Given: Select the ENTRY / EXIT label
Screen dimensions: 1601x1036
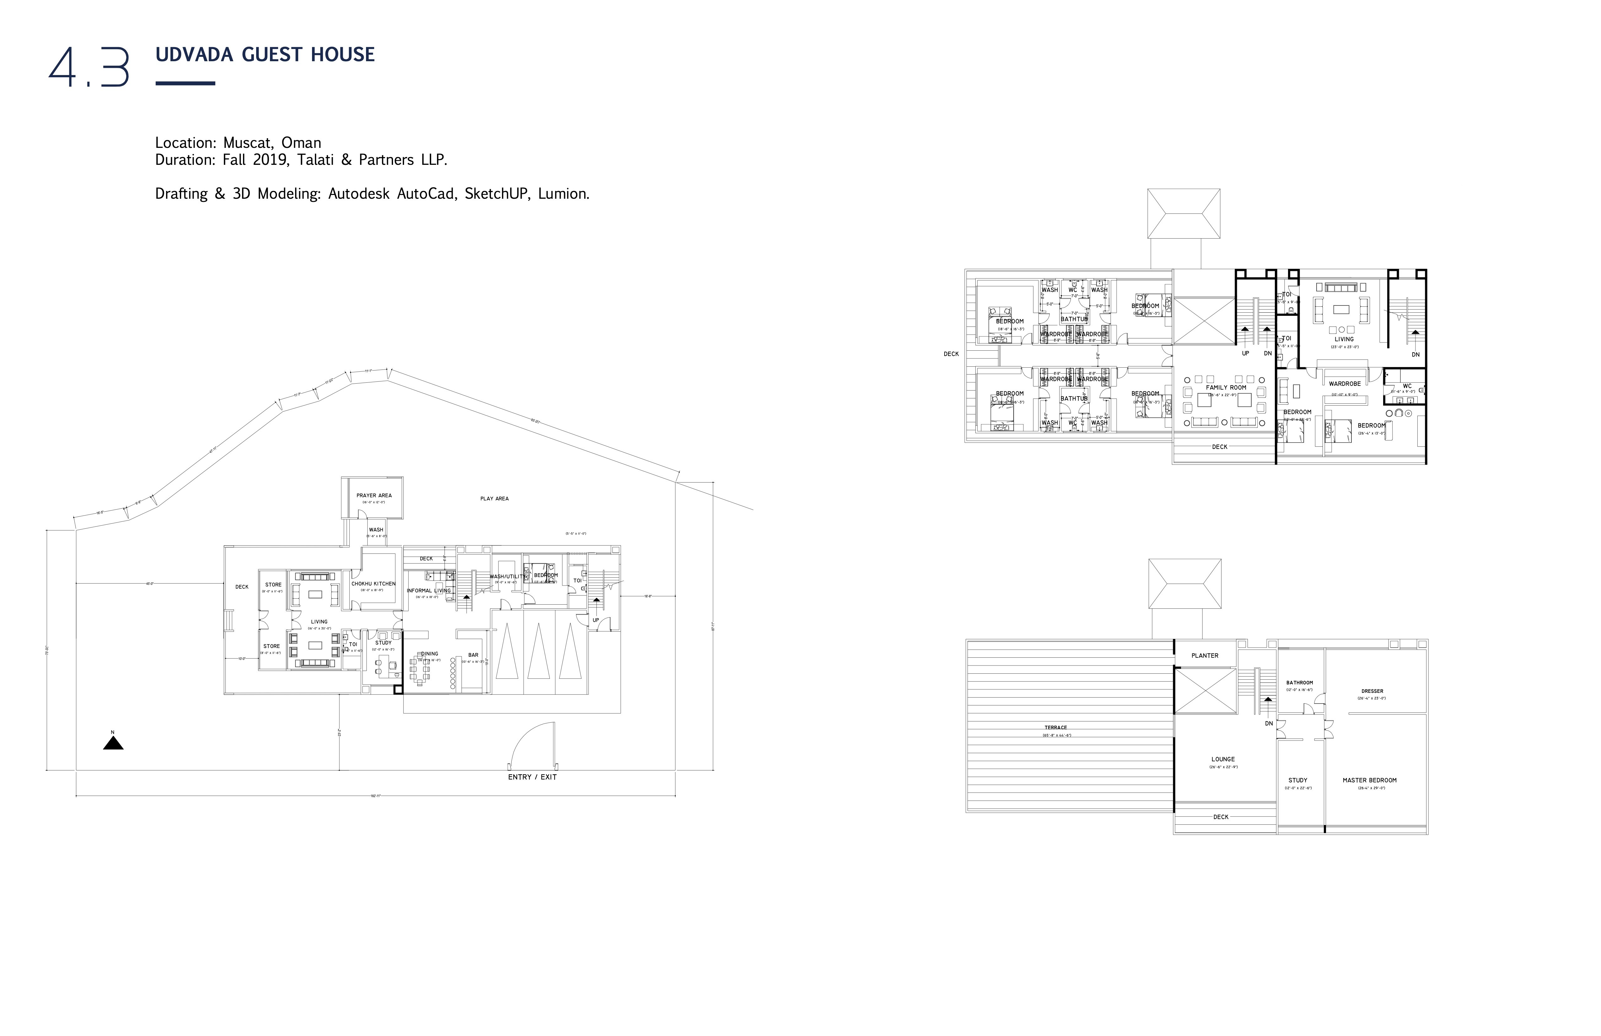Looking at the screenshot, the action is pos(532,777).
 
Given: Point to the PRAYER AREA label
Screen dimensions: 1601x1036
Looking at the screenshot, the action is pos(374,496).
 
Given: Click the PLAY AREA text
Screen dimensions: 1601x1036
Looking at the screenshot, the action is pos(494,499).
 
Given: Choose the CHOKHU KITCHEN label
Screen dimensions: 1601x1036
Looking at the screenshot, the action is pos(373,584).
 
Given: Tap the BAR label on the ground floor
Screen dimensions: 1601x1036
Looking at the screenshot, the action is pos(474,655).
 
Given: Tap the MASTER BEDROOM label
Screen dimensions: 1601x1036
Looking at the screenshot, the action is pos(1370,780).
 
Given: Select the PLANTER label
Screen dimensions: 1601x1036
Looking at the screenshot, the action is pos(1205,656).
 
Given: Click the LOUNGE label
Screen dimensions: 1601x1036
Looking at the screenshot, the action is pos(1223,759).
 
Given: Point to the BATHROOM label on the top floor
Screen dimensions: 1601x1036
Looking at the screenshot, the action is pos(1300,683).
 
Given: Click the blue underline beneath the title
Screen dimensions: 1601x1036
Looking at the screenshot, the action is pos(185,84).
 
